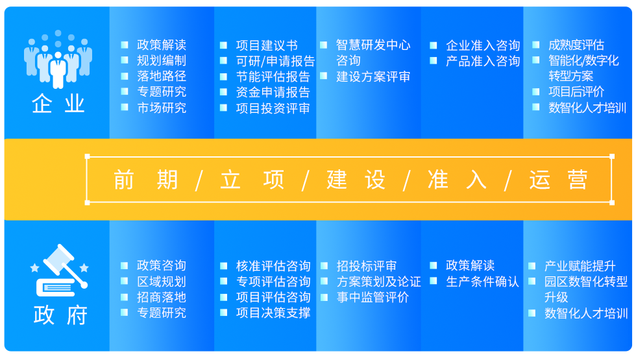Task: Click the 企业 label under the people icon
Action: (58, 104)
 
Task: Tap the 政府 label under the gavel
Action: (60, 315)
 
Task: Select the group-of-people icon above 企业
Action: (58, 59)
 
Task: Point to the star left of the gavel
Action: (35, 267)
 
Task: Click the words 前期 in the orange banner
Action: (145, 180)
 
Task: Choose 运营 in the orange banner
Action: (559, 180)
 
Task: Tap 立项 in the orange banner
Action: (252, 180)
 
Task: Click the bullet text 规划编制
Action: (162, 60)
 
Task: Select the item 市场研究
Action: (162, 108)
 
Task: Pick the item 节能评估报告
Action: (273, 77)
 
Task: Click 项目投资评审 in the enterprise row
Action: (273, 108)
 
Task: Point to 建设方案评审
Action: (373, 77)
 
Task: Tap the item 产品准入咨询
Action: (483, 61)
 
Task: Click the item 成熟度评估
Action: (576, 45)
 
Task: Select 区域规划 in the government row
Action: (162, 282)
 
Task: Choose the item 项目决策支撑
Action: (273, 313)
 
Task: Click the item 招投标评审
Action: (367, 266)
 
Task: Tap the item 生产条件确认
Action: (482, 282)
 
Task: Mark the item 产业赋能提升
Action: (580, 266)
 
